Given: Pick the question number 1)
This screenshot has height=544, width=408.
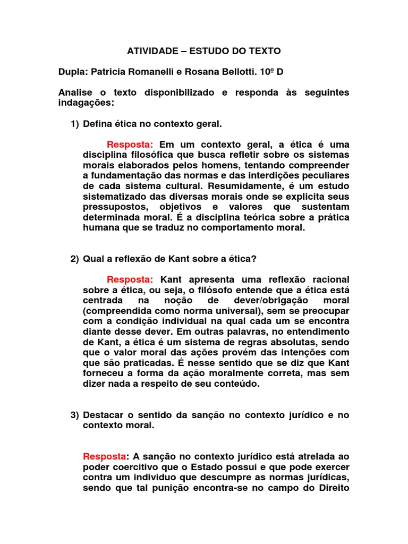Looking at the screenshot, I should point(74,124).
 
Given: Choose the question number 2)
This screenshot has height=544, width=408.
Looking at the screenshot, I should point(74,259).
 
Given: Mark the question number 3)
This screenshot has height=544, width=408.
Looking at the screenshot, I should point(74,414).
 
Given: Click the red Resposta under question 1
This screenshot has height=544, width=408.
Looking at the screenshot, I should point(130,144).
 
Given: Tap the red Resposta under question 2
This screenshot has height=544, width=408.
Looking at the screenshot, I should point(130,279).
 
